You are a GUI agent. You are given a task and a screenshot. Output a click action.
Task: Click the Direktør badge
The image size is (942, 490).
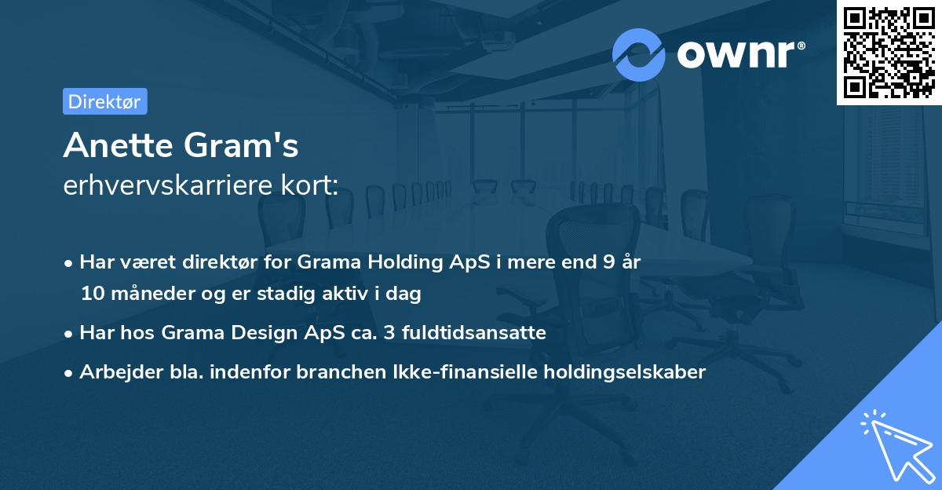point(104,101)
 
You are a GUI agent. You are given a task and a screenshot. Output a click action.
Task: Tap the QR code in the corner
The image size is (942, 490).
point(889,52)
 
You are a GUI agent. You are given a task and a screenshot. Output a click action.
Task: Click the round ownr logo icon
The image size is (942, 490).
point(639,54)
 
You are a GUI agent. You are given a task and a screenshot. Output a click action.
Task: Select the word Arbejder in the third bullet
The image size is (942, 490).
point(114,372)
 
